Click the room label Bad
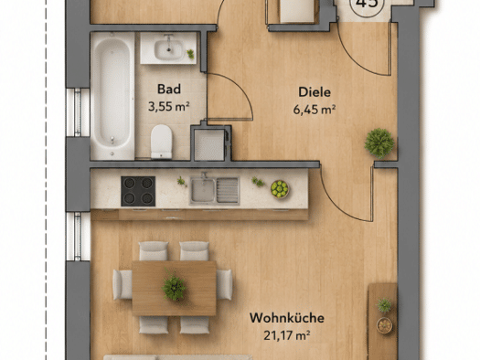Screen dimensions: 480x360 coord(169,90)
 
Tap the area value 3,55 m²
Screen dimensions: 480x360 coord(169,107)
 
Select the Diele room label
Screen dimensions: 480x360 coord(315,92)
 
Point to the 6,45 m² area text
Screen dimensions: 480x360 coord(315,110)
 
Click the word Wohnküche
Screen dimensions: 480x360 coord(287,318)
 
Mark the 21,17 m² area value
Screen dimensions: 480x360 coord(287,335)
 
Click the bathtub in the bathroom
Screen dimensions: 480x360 coord(112,96)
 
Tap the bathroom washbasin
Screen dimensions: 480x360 coord(168,49)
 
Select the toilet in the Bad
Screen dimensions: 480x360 coord(161,142)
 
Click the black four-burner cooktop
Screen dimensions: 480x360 coord(138,191)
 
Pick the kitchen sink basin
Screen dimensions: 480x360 coord(203,191)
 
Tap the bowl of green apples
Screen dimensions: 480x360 coord(280,189)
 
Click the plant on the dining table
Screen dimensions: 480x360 coord(174,286)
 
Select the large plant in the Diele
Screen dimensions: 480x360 coord(379,143)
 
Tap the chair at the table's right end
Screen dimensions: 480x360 coord(224,285)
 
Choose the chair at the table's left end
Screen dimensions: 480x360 coord(123,285)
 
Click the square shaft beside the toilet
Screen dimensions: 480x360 coord(209,144)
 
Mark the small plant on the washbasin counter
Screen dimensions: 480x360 coord(190,54)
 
